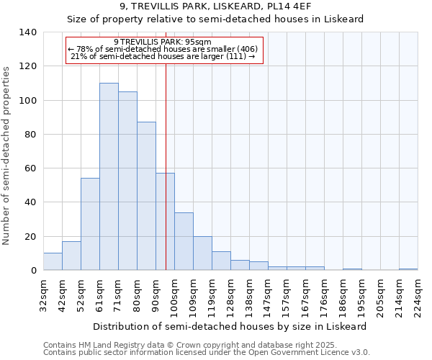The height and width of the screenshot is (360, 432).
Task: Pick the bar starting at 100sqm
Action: point(184,241)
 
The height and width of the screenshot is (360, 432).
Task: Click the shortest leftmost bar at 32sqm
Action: point(53,262)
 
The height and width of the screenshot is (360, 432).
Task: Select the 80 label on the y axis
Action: point(30,135)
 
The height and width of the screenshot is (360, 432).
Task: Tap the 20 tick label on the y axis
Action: point(30,236)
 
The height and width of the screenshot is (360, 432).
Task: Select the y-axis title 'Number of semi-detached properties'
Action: point(7,155)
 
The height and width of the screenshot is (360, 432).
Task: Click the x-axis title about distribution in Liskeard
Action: point(230,326)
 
